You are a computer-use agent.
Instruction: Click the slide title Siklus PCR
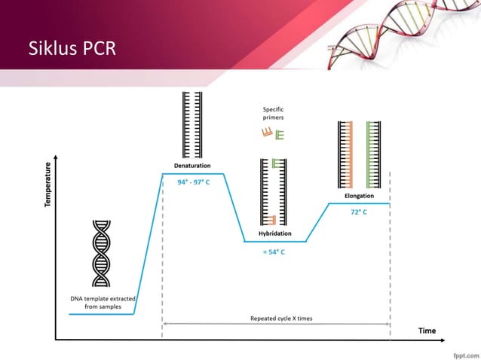point(72,49)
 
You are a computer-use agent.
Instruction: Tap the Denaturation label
point(192,165)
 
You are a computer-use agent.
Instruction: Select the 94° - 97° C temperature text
point(192,182)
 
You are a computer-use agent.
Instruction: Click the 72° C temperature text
point(359,212)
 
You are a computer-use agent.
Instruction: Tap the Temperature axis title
point(48,185)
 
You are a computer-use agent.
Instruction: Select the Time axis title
point(427,331)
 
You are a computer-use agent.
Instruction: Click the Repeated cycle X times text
point(280,319)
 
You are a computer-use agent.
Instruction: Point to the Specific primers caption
point(273,114)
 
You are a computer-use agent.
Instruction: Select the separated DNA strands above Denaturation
point(191,124)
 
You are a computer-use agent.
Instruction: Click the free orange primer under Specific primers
point(266,134)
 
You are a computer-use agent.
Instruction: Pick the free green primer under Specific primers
point(279,135)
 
